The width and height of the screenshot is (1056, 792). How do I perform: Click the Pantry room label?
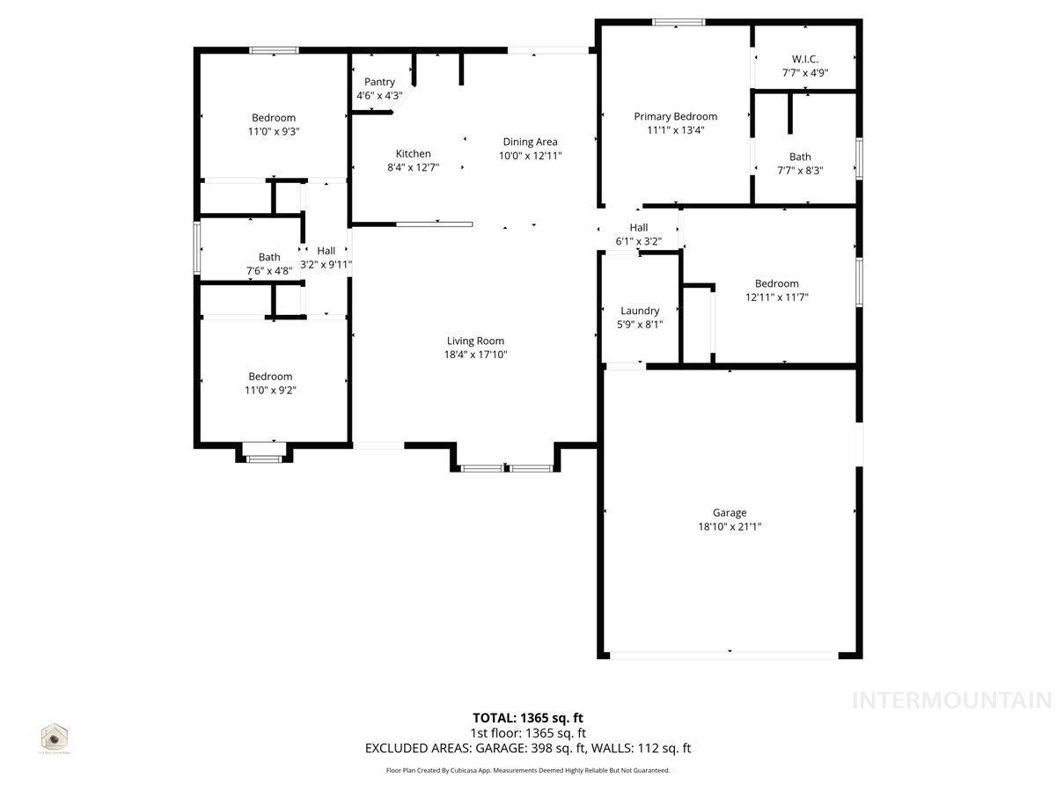[379, 82]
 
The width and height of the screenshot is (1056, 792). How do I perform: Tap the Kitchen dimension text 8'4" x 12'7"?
[413, 167]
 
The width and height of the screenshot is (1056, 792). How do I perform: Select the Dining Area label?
[530, 142]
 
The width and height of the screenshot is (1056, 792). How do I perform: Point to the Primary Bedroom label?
[675, 116]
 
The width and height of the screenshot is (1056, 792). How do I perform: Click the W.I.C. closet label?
[804, 60]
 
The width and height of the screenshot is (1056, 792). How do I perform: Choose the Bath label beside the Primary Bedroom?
[800, 157]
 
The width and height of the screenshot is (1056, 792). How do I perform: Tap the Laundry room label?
[640, 311]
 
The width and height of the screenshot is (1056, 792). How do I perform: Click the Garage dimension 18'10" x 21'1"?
[730, 526]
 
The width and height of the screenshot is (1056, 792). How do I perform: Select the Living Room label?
[475, 341]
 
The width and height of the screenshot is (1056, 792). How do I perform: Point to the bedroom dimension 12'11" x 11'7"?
[776, 297]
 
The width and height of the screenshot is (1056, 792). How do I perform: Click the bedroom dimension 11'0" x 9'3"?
[274, 131]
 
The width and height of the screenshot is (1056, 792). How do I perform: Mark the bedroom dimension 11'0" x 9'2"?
[271, 390]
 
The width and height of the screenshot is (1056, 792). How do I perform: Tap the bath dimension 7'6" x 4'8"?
[269, 271]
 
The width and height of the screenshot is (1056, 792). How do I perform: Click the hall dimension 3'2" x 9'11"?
[326, 264]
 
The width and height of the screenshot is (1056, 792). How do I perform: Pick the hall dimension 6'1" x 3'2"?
[638, 241]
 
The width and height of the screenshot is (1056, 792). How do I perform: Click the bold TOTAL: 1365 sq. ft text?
[527, 717]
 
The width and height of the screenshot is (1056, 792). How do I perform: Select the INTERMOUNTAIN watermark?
[952, 700]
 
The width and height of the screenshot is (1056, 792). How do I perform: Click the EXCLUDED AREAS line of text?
[528, 748]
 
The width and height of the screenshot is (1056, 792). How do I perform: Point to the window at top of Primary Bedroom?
[678, 22]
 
